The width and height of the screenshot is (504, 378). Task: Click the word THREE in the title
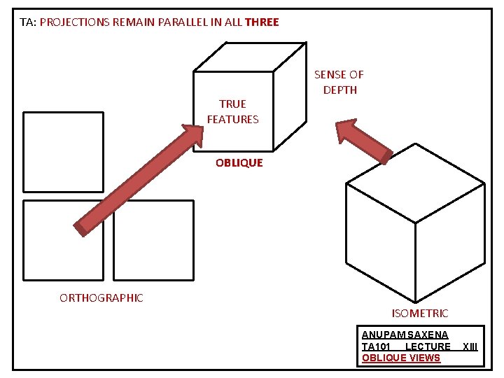(x=262, y=22)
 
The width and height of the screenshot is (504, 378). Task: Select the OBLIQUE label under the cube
(x=239, y=163)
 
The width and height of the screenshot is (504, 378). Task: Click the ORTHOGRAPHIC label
(x=101, y=298)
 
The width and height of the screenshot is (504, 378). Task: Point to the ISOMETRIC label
(x=420, y=314)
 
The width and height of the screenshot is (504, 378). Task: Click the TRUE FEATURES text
(x=232, y=111)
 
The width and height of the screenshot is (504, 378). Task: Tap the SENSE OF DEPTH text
(x=339, y=82)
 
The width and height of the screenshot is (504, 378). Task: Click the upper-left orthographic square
(x=63, y=151)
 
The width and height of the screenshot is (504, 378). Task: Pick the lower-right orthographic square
(x=153, y=240)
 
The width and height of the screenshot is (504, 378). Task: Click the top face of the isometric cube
(x=416, y=183)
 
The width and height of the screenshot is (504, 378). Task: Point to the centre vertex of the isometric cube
(x=416, y=223)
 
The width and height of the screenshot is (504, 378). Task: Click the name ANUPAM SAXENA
(x=405, y=335)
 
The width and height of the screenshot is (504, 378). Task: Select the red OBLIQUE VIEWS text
(x=401, y=358)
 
